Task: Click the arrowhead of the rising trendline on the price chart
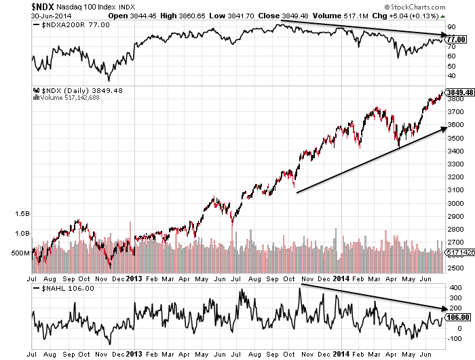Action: (444, 128)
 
